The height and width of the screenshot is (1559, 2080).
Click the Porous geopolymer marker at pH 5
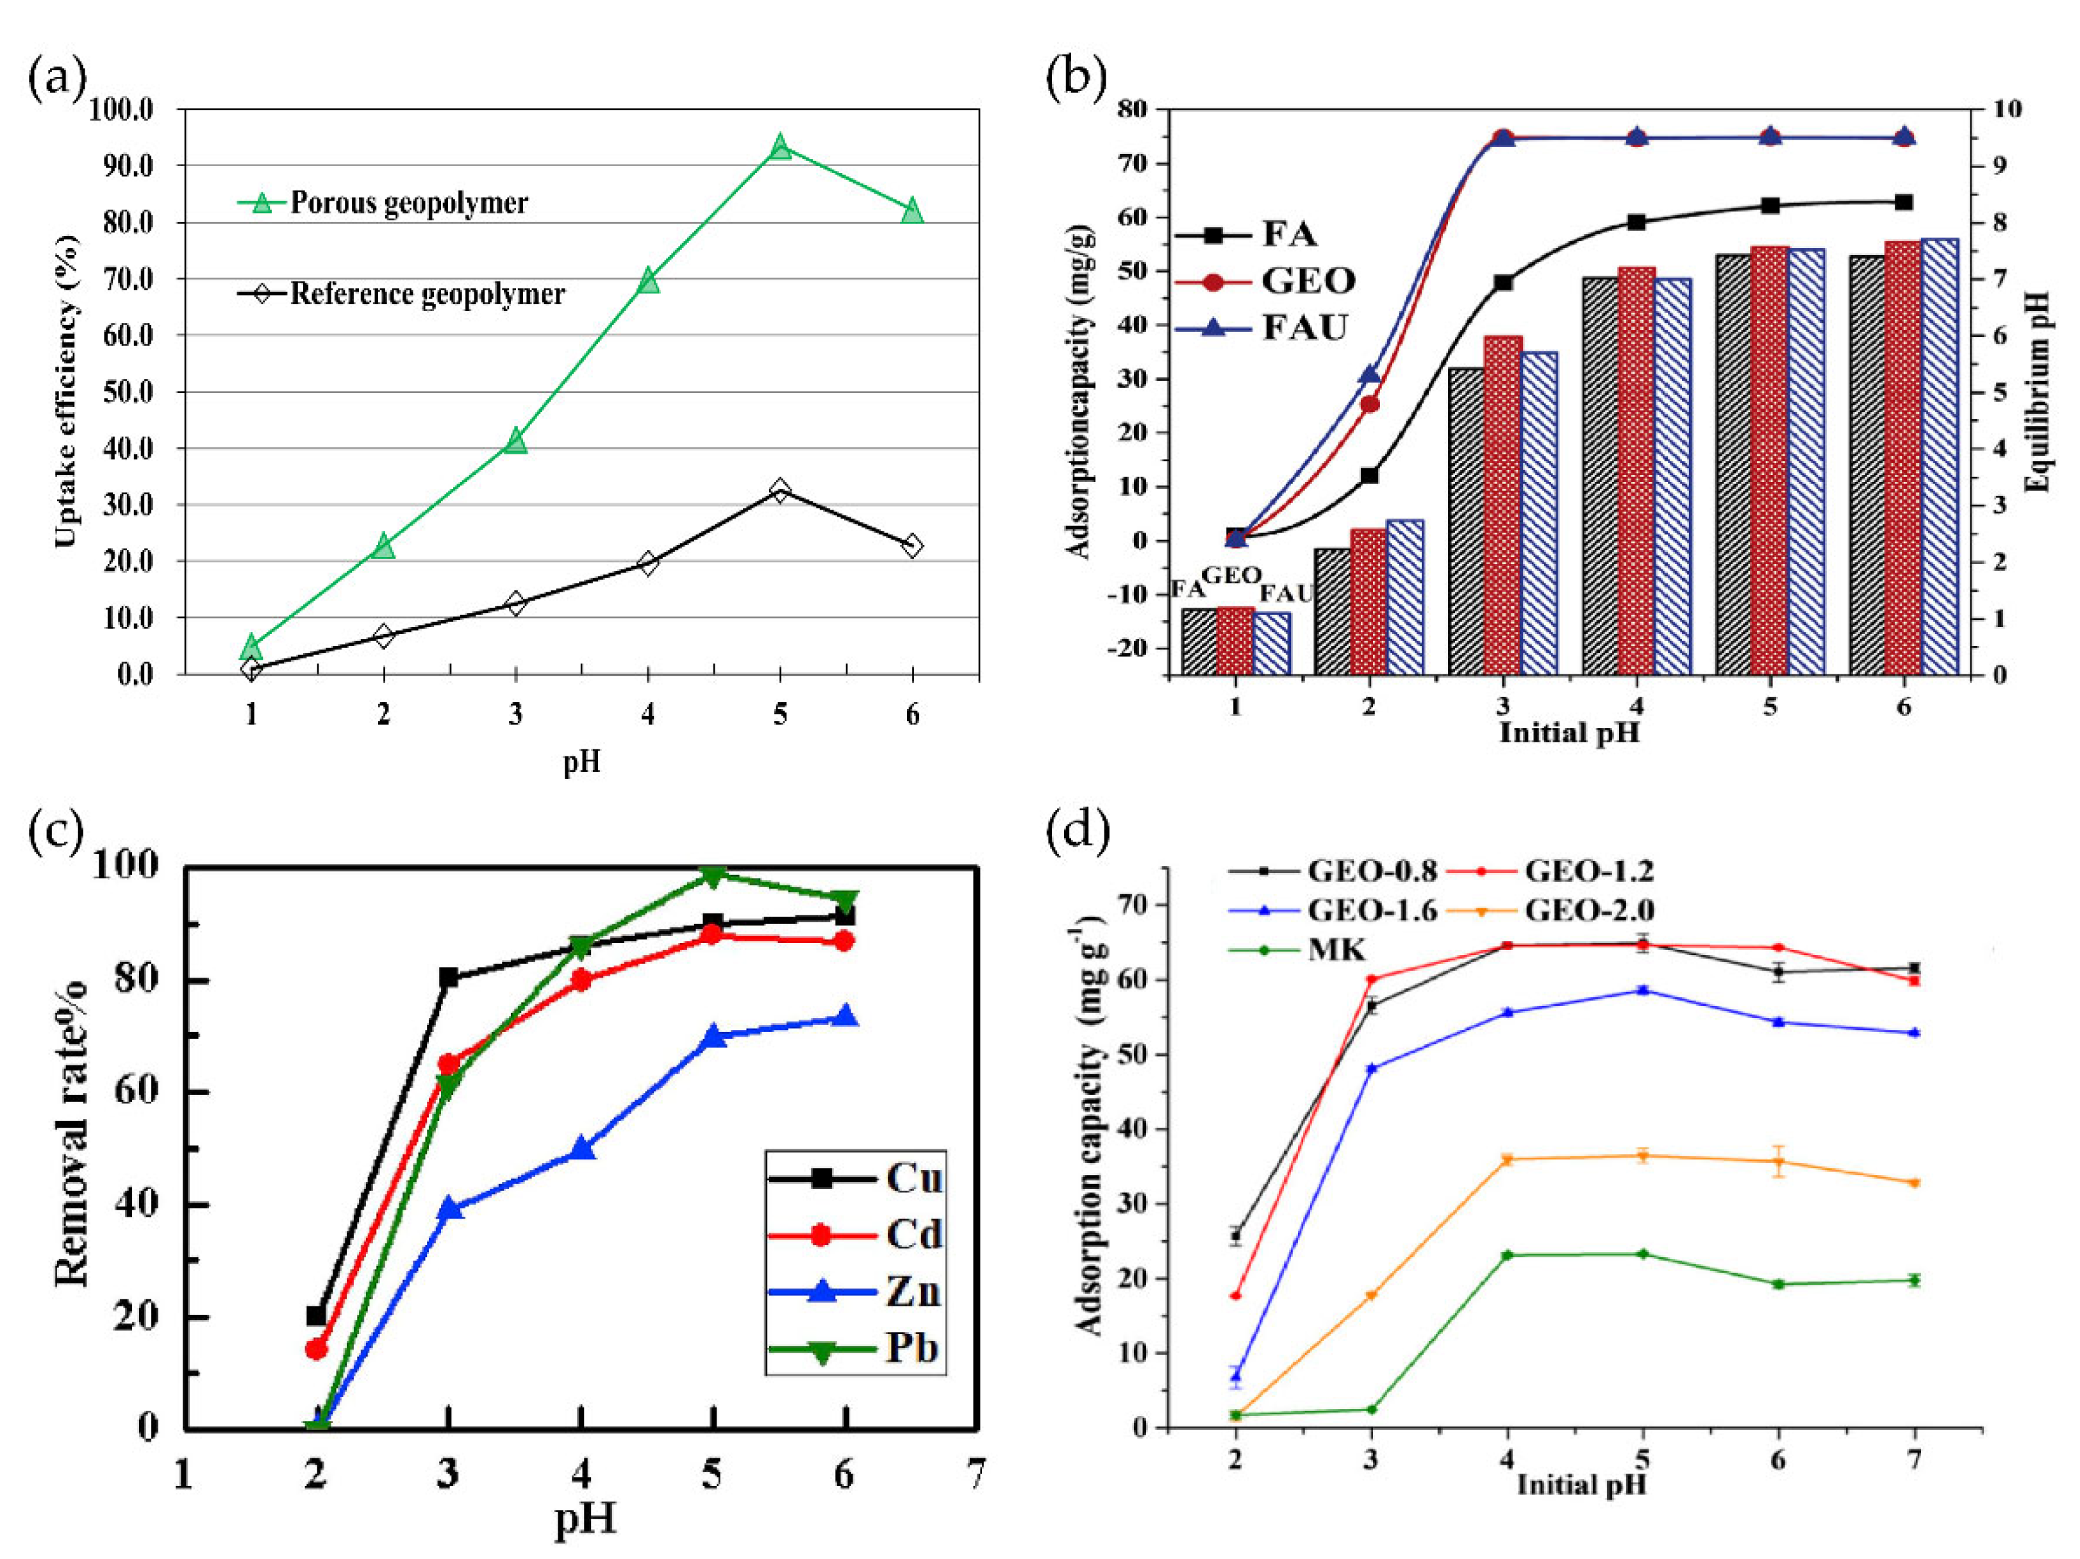[779, 147]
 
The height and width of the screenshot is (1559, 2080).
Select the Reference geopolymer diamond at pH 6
[912, 546]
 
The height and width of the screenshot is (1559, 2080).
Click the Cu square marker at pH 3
[449, 978]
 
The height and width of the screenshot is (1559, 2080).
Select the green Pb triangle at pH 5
[713, 876]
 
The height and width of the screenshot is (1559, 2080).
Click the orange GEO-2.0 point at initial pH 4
[1508, 1160]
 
